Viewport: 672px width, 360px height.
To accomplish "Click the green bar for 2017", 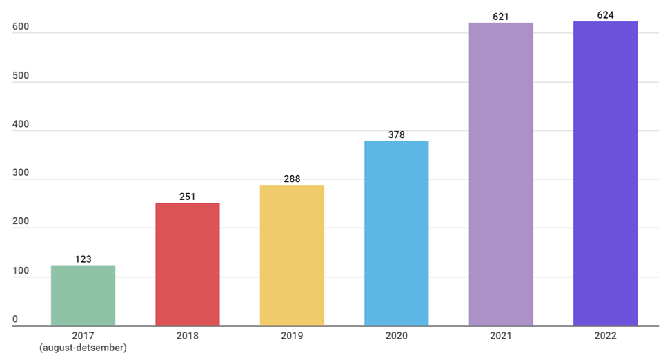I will pos(83,295).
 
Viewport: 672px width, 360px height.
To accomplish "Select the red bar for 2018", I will pos(187,264).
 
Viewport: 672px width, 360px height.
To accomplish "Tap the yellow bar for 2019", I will pos(292,255).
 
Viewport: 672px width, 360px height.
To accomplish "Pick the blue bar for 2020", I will pos(396,233).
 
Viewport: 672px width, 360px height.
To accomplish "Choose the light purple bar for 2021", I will pos(500,174).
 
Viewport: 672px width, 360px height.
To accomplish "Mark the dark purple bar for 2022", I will pos(605,173).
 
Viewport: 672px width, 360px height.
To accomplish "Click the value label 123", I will pos(83,259).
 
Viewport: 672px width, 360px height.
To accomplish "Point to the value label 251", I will pos(187,197).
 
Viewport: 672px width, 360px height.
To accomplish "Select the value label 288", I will pos(292,179).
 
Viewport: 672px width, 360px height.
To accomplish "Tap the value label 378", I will pos(396,134).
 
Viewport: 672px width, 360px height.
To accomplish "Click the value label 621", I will pos(500,16).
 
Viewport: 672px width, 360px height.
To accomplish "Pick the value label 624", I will pos(605,14).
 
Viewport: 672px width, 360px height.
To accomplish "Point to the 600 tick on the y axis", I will pos(21,27).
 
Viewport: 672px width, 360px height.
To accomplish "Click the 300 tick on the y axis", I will pos(21,173).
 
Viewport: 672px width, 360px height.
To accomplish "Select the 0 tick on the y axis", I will pos(15,319).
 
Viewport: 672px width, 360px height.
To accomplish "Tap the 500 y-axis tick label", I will pos(21,76).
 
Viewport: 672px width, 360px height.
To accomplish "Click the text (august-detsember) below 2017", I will pos(83,348).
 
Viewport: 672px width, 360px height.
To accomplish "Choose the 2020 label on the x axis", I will pos(396,336).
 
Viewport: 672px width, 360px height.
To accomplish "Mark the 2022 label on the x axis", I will pos(605,336).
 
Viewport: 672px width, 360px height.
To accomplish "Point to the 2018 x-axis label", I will pos(187,336).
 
